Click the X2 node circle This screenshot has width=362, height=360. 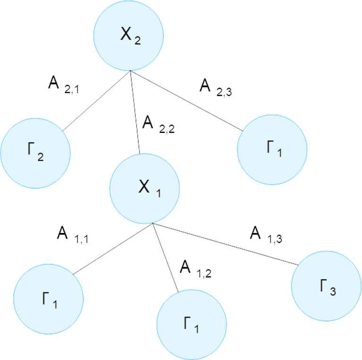128,35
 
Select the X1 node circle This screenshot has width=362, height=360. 144,189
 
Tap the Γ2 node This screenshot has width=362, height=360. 35,153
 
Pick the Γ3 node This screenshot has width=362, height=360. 327,286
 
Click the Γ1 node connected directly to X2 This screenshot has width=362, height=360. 272,149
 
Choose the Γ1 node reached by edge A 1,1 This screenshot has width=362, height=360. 49,299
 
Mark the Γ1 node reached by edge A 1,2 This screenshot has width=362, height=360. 192,324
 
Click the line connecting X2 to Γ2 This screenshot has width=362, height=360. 96,101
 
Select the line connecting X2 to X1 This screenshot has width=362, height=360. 135,112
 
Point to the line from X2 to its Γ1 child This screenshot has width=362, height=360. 186,101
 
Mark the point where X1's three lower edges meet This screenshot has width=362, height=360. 152,223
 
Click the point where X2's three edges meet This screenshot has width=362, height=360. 130,71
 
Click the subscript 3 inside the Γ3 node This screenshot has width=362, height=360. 333,291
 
